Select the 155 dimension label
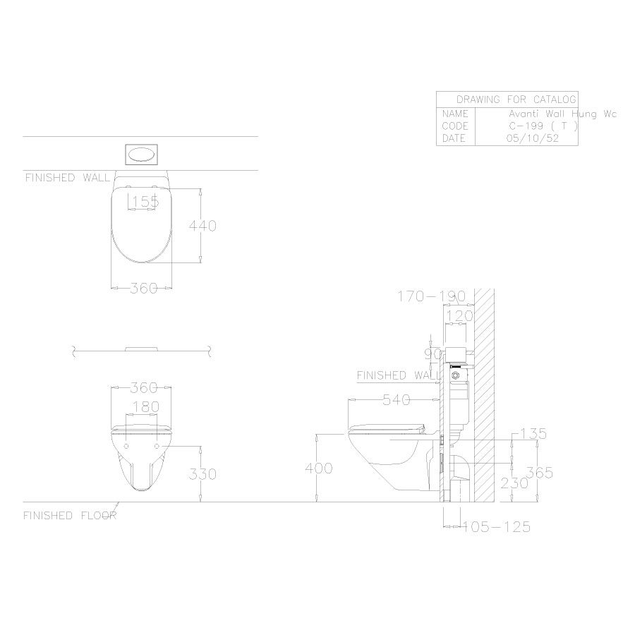point(145,202)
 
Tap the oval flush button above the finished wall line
point(142,155)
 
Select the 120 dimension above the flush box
point(459,316)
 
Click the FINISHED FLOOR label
point(69,516)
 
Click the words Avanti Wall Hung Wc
point(563,114)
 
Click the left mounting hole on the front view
point(126,447)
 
